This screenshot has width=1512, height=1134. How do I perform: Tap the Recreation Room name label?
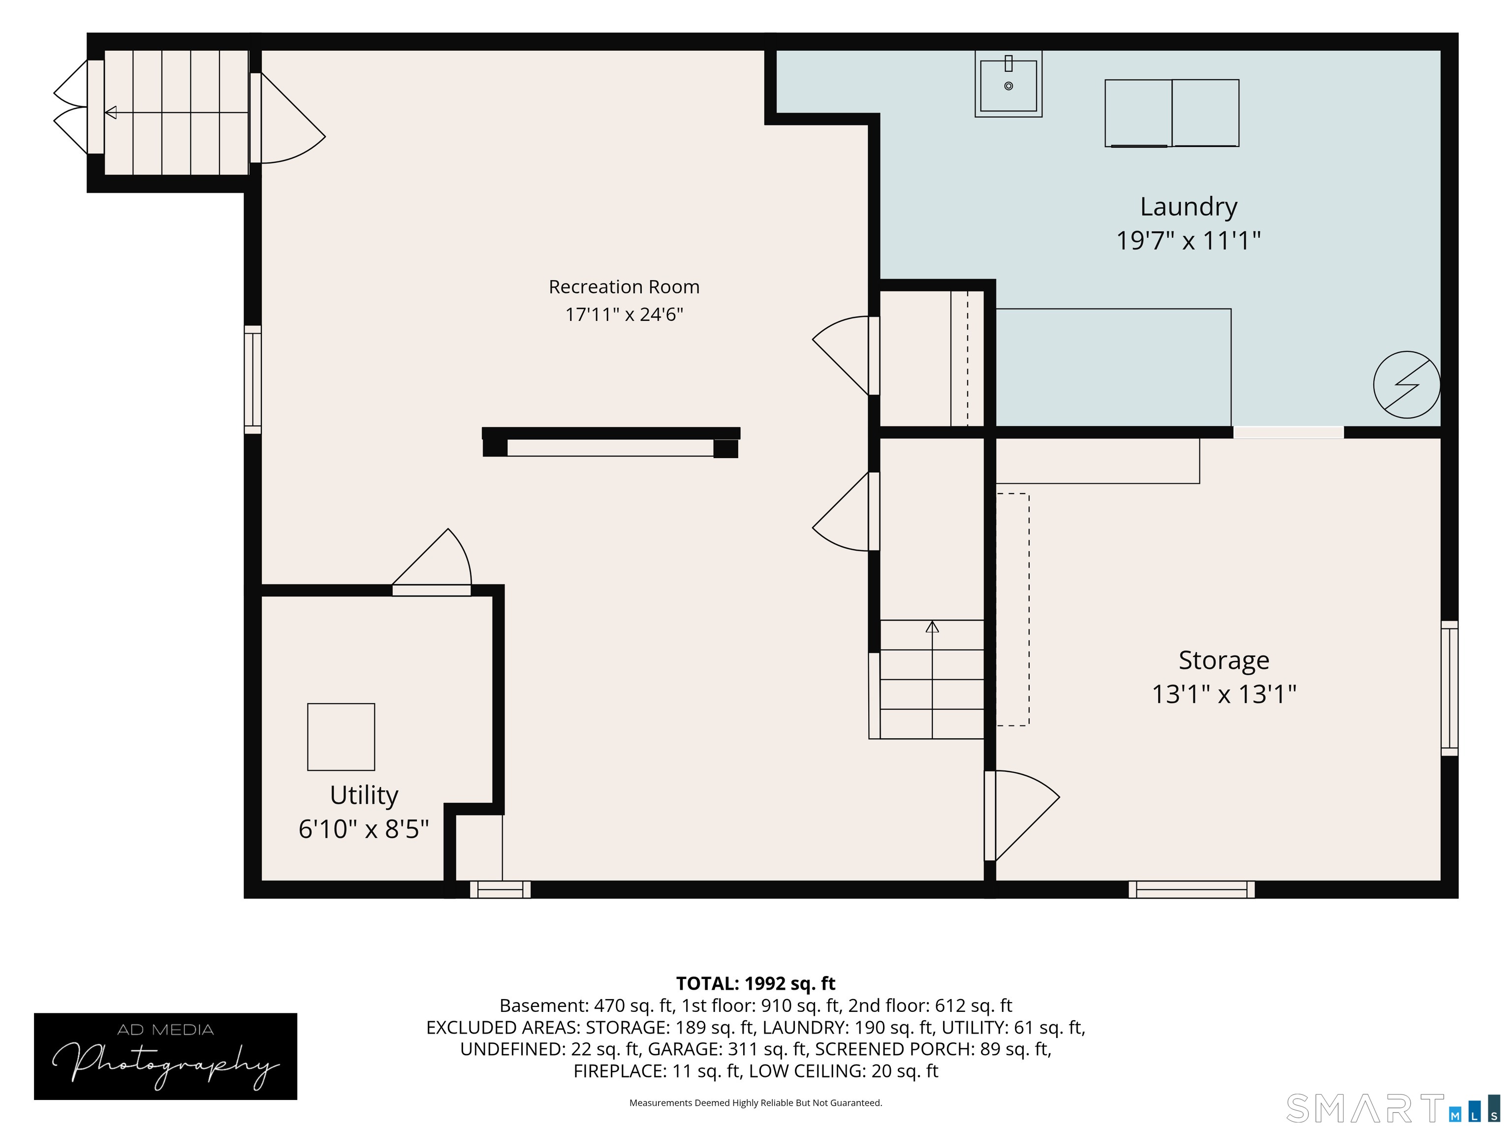point(624,287)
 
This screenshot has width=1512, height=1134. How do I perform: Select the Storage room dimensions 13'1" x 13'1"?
point(1224,694)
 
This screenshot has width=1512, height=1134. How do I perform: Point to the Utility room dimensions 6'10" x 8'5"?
point(364,830)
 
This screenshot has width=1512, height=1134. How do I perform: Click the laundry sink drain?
point(1008,86)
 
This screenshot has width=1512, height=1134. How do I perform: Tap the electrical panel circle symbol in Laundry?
point(1407,385)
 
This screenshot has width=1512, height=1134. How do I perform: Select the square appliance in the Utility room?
point(341,737)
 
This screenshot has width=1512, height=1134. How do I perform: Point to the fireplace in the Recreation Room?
point(610,442)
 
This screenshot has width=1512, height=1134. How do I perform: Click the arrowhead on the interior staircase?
point(932,626)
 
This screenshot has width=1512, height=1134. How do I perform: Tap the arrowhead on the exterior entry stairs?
point(111,112)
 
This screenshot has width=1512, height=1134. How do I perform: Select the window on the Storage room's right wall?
point(1449,689)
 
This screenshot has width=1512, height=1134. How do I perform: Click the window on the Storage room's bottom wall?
point(1192,889)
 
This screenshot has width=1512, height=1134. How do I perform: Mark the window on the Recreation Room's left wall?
point(253,379)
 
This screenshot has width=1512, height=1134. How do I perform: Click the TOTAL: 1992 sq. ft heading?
point(756,983)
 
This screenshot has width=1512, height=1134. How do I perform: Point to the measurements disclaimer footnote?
point(756,1102)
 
